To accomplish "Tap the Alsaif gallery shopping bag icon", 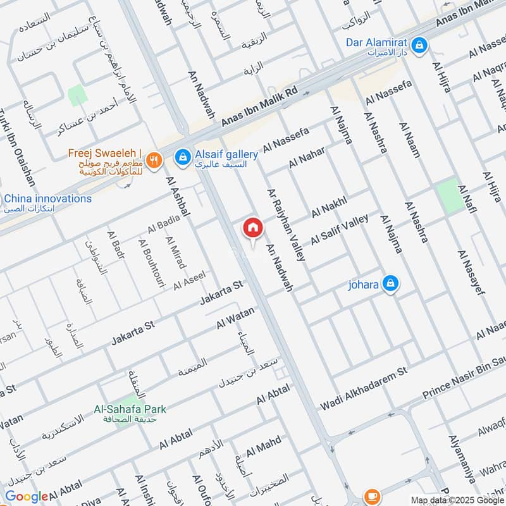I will (183, 156).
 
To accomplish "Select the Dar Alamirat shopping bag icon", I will (419, 45).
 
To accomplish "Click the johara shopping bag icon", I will (392, 284).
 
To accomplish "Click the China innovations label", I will (48, 199).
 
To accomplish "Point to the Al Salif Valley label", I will (339, 230).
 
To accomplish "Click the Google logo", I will (26, 497).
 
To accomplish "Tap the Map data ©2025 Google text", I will (456, 500).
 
